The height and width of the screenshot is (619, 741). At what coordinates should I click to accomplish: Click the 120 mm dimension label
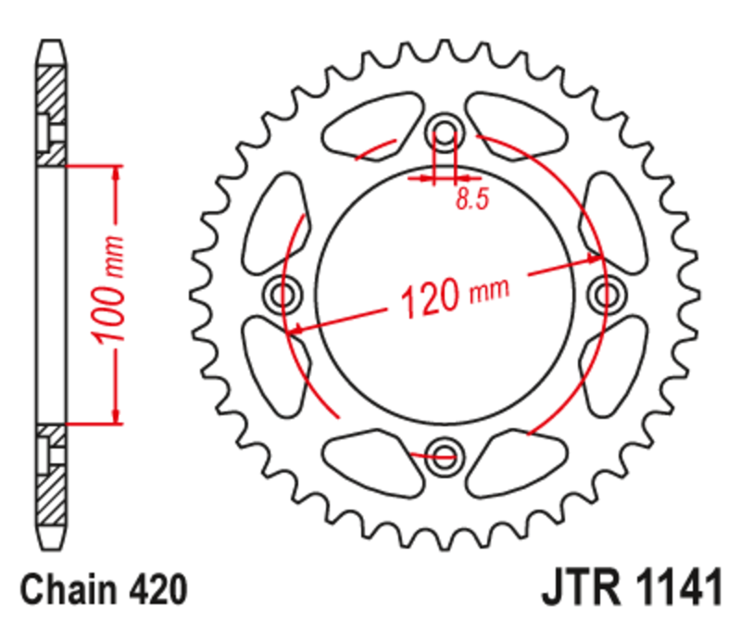pyautogui.click(x=453, y=295)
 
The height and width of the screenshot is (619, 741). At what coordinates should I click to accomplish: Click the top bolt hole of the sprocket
pyautogui.click(x=445, y=134)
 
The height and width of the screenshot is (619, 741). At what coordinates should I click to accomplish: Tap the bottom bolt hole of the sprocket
pyautogui.click(x=445, y=454)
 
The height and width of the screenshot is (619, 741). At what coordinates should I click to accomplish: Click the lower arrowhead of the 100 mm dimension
pyautogui.click(x=116, y=415)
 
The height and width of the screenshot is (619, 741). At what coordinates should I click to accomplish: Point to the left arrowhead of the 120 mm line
pyautogui.click(x=295, y=328)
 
